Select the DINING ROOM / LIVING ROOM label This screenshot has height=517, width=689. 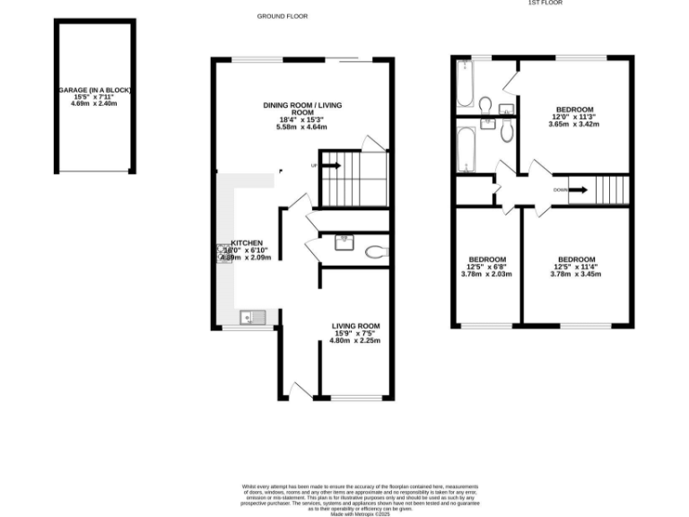point(302,109)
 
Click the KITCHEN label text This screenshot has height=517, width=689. point(247,243)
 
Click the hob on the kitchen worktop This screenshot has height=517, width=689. point(222,253)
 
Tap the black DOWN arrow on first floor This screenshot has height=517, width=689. point(578,189)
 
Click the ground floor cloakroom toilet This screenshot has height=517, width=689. point(375,250)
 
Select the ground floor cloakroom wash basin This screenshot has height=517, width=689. point(344,241)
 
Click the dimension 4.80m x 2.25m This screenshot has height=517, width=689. point(355,341)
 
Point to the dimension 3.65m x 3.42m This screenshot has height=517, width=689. point(573,124)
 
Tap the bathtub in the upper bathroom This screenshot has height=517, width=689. point(465,87)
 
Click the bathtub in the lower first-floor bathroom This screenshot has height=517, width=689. point(465,148)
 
